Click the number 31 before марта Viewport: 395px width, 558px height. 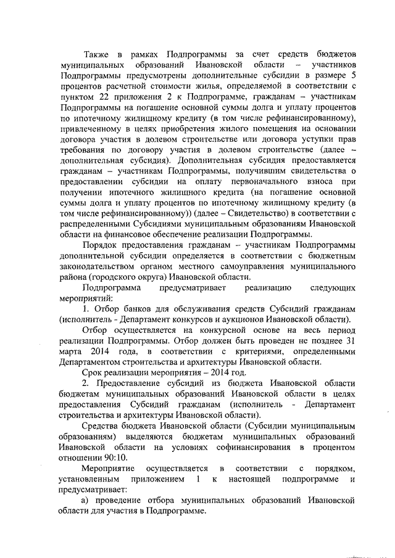[351, 342]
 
